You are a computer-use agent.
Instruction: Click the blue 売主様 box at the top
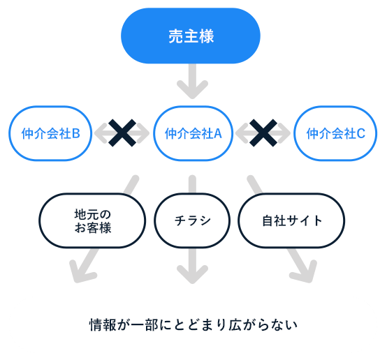coord(191,36)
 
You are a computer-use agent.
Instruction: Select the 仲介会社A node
coord(193,133)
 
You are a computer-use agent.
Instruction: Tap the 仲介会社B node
coord(50,133)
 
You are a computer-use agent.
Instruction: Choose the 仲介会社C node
coord(336,133)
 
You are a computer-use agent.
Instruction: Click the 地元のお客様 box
coord(92,221)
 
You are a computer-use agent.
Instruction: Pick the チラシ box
coord(192,221)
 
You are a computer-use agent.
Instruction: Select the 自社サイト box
coord(292,221)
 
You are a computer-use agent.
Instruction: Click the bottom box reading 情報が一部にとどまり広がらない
coord(193,324)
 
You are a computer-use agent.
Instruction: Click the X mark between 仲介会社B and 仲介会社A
coord(122,133)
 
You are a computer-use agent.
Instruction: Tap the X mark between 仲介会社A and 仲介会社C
coord(264,133)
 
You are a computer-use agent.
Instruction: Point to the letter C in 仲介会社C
coord(361,133)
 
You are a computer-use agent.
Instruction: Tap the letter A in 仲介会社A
coord(217,133)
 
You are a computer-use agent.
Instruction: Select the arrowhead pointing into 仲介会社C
coord(284,133)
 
